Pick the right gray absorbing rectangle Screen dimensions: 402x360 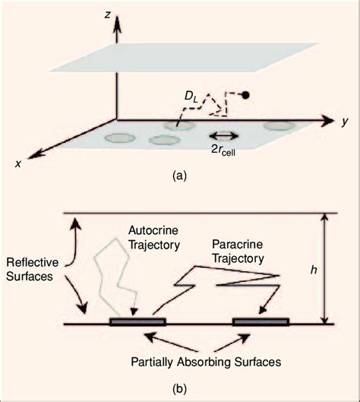pyautogui.click(x=260, y=321)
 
